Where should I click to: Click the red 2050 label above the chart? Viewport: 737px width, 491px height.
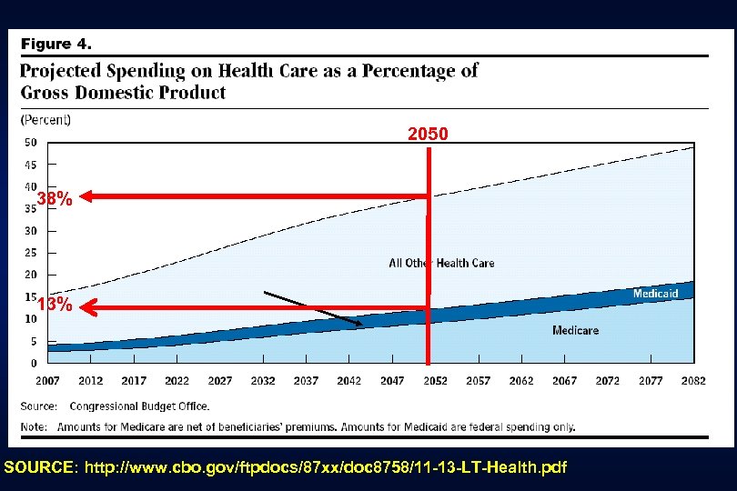pyautogui.click(x=427, y=135)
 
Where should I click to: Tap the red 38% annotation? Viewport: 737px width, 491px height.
pyautogui.click(x=55, y=200)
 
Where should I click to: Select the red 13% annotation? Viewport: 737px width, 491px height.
pyautogui.click(x=55, y=306)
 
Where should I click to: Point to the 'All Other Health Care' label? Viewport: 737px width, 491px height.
pyautogui.click(x=441, y=263)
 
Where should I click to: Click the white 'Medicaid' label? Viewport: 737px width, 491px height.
pyautogui.click(x=655, y=294)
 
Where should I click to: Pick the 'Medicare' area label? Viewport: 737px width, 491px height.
pyautogui.click(x=575, y=330)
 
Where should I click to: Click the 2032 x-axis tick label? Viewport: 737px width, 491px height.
pyautogui.click(x=262, y=381)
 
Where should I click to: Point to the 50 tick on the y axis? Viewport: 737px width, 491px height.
pyautogui.click(x=30, y=142)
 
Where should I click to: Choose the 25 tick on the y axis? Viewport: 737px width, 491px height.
pyautogui.click(x=30, y=253)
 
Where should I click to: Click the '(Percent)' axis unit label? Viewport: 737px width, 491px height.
pyautogui.click(x=45, y=119)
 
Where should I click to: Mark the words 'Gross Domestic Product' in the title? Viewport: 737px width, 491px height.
pyautogui.click(x=123, y=92)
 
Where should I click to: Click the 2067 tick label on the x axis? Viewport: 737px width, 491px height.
pyautogui.click(x=564, y=381)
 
